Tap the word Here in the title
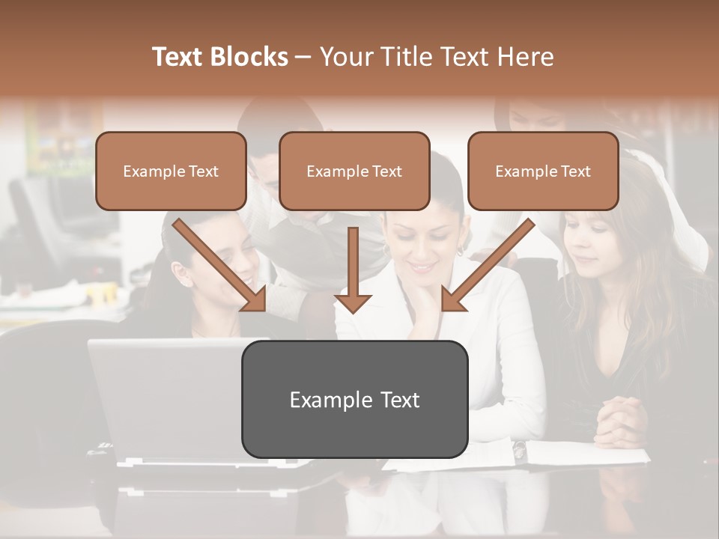524,57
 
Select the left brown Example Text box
171,171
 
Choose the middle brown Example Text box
354,171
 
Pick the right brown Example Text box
543,171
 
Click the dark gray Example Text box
354,399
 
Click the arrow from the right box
488,265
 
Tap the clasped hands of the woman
620,419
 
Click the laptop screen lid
165,397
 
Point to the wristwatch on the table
518,449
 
